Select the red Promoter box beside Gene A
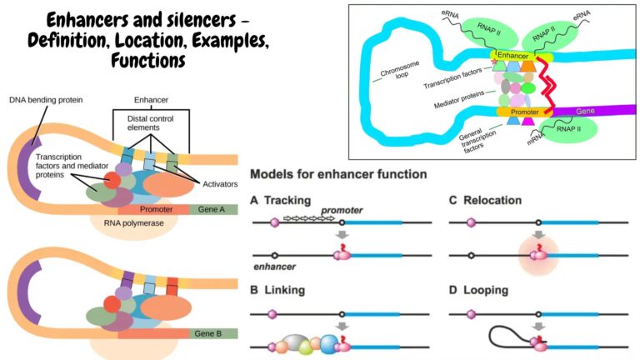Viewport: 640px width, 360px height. coord(156,209)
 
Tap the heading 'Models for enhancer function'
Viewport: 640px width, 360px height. coord(338,175)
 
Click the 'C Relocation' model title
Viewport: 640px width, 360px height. coord(484,201)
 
